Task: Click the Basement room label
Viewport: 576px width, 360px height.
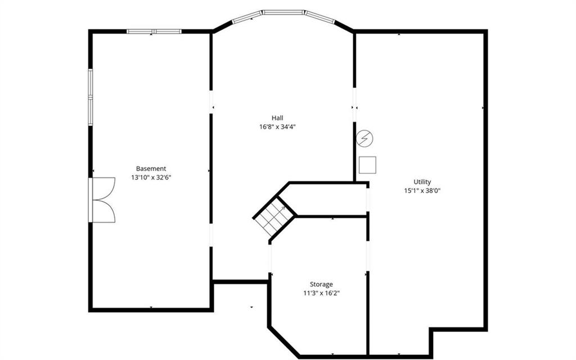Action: tap(151, 169)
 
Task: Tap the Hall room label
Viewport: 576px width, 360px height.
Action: tap(277, 118)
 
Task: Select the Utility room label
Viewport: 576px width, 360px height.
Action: tap(422, 182)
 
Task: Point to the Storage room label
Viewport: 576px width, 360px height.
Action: tap(321, 284)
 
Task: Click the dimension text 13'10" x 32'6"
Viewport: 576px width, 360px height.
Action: tap(151, 177)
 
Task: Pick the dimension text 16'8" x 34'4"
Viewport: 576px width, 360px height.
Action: tap(277, 127)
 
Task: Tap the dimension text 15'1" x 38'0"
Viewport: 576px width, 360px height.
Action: tap(422, 191)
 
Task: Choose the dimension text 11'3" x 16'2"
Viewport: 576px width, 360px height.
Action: tap(321, 293)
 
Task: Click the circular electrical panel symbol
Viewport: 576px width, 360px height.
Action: tap(364, 139)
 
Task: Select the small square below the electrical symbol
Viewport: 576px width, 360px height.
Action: tap(367, 165)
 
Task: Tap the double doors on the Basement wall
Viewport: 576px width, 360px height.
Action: tap(102, 200)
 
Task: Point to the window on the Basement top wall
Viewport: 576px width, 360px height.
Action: tap(154, 31)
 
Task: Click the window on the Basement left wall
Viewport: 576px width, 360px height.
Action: tap(91, 97)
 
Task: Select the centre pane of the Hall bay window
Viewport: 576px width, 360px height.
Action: tap(283, 12)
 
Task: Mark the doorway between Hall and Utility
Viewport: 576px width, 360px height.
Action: tap(354, 105)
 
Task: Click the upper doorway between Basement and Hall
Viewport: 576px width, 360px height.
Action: tap(211, 102)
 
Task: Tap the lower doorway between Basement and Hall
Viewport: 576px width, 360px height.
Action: tap(211, 235)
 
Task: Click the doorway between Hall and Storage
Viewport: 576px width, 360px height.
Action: tap(271, 259)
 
